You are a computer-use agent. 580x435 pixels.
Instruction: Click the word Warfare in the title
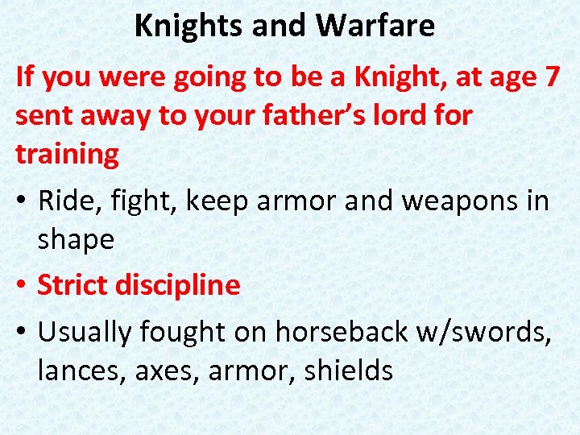375,26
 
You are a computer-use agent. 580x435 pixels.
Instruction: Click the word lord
410,115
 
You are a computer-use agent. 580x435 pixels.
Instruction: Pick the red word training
67,153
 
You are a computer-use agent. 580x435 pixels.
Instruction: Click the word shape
77,238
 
